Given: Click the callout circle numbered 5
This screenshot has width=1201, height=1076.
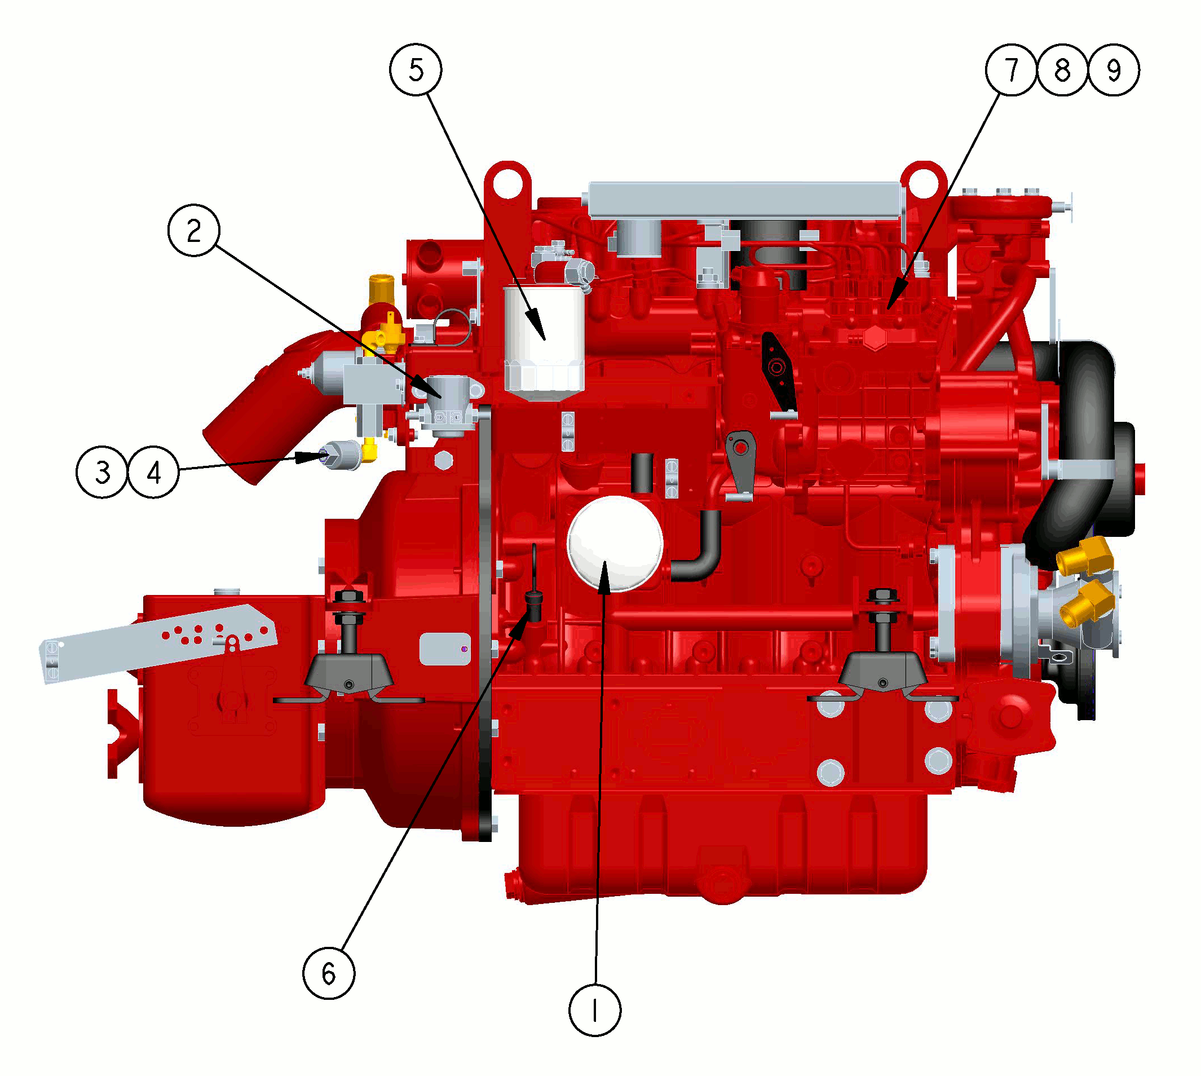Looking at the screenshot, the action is pos(416,69).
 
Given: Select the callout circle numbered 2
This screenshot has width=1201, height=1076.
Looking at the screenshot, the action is pos(194,230).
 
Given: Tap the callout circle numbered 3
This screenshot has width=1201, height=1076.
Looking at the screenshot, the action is pos(102,472).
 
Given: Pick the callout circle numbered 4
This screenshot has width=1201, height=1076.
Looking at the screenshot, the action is pos(154,472).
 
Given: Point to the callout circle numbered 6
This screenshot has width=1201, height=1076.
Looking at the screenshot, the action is pos(329,973).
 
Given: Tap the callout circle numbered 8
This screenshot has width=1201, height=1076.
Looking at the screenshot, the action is pos(1062,69).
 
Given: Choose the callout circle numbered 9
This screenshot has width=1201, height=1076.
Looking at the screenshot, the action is pos(1114,69).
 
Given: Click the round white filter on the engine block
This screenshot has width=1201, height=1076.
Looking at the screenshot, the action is pos(615,544).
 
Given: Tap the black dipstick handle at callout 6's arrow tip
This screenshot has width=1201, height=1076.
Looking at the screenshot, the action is pos(534,607).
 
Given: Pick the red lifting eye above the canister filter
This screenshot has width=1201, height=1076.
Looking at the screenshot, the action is pos(507,180).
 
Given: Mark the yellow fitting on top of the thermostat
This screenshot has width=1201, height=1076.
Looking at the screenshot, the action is pos(381,289).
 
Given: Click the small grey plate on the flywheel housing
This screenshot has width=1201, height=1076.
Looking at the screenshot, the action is pos(444,649).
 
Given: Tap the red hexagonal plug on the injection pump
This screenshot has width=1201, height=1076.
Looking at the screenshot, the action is pos(875,338).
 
